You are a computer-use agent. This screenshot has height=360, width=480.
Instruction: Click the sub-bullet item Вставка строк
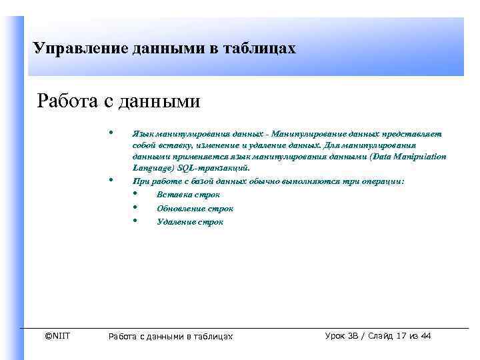(x=188, y=195)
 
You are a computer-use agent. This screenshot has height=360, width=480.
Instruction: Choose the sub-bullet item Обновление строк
(x=195, y=209)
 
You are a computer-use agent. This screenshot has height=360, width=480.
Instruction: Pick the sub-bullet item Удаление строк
(x=190, y=222)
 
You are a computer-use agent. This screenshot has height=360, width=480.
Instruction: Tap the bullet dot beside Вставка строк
(x=135, y=193)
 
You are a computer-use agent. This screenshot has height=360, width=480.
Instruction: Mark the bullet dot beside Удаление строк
(x=135, y=221)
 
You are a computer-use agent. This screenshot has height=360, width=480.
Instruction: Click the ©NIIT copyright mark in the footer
(x=57, y=336)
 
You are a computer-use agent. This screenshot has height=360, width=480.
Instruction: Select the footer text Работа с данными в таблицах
(x=170, y=337)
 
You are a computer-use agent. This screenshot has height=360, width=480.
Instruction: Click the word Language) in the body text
(x=152, y=168)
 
